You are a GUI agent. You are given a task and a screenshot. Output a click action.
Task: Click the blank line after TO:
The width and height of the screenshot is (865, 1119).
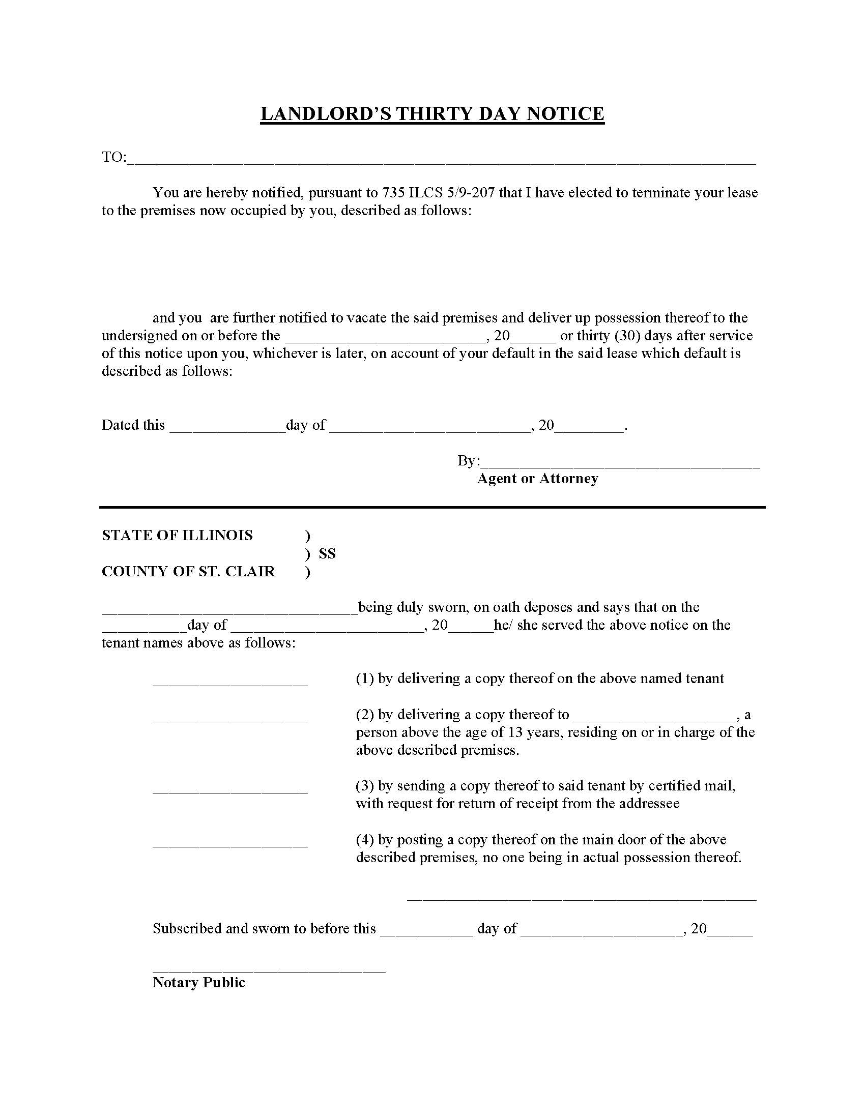[441, 160]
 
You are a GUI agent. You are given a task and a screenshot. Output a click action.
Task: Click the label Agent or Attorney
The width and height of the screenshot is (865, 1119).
[537, 479]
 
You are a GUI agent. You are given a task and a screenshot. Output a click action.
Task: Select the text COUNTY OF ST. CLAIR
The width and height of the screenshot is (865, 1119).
[188, 571]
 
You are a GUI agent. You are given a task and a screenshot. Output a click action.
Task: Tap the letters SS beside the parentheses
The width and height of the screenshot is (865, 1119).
[327, 553]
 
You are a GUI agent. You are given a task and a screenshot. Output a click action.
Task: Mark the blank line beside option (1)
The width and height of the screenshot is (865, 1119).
[230, 682]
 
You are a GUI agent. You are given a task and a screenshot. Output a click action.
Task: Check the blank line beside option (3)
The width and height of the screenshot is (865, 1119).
[230, 789]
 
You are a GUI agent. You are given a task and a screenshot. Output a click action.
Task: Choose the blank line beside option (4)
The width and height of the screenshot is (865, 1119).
[230, 843]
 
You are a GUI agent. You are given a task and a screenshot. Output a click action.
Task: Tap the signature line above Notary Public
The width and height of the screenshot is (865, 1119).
[269, 969]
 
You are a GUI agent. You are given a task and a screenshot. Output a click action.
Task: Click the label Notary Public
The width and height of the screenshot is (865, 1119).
[199, 983]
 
